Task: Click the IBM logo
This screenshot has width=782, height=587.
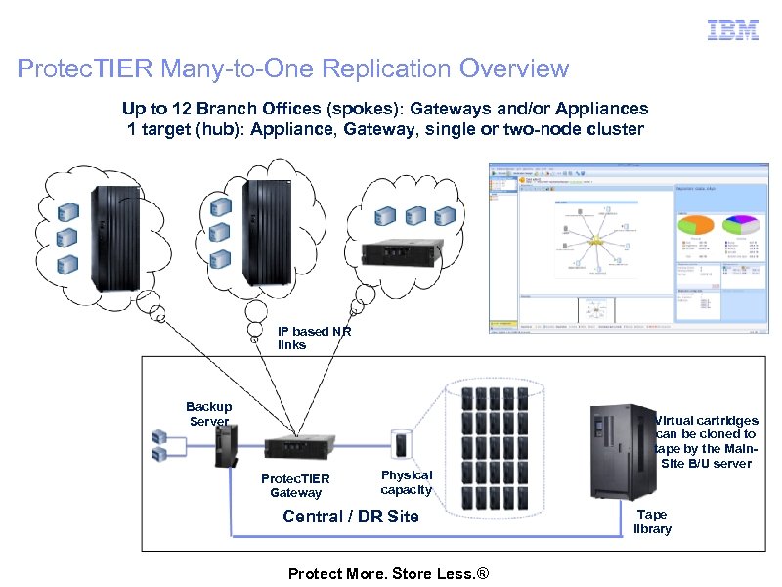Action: click(x=733, y=30)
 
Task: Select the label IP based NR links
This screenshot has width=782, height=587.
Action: click(x=314, y=339)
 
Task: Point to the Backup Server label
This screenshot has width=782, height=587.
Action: click(x=208, y=414)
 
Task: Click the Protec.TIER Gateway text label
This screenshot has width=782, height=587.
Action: click(x=295, y=485)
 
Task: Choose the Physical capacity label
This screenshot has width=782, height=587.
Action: click(x=406, y=481)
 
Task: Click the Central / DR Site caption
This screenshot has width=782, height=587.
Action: click(x=350, y=517)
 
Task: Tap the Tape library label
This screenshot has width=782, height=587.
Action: click(x=652, y=521)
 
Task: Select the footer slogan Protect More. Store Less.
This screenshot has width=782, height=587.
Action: click(x=387, y=573)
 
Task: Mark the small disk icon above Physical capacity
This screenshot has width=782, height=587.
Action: click(x=401, y=443)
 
